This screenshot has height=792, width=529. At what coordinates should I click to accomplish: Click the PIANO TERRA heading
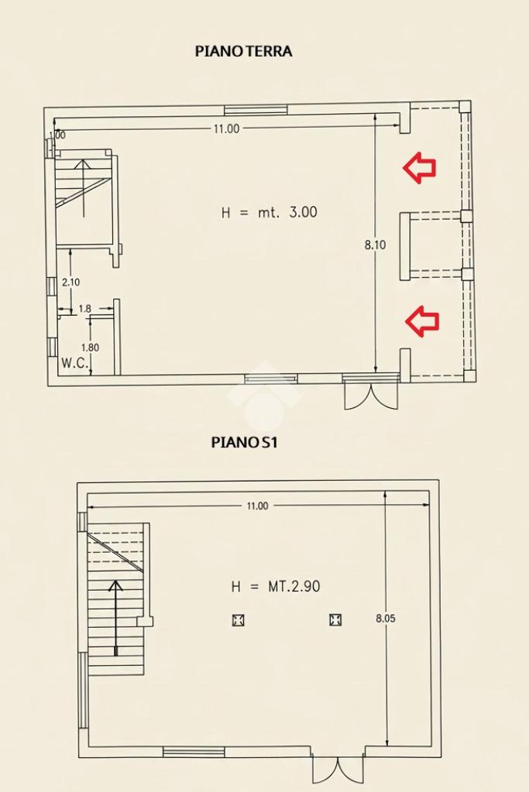pyautogui.click(x=243, y=51)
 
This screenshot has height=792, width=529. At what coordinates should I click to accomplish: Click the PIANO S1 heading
pyautogui.click(x=244, y=443)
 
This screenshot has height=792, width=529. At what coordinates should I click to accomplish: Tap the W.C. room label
pyautogui.click(x=75, y=362)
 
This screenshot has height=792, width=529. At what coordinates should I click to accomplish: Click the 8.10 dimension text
pyautogui.click(x=375, y=245)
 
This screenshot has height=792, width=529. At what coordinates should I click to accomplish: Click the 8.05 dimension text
pyautogui.click(x=386, y=619)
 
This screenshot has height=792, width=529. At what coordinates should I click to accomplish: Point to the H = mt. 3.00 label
pyautogui.click(x=270, y=212)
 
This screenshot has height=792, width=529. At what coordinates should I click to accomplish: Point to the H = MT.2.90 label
pyautogui.click(x=276, y=586)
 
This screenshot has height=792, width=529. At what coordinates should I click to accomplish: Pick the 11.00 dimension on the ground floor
pyautogui.click(x=226, y=129)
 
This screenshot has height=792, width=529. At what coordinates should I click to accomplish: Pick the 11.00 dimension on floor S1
pyautogui.click(x=257, y=506)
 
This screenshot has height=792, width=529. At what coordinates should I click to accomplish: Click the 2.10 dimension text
pyautogui.click(x=70, y=283)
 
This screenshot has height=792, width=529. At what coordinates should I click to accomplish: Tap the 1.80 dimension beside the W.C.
pyautogui.click(x=90, y=348)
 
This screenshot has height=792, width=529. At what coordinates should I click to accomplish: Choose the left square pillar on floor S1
pyautogui.click(x=238, y=620)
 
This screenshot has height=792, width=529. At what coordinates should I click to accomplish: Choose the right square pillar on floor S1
pyautogui.click(x=335, y=619)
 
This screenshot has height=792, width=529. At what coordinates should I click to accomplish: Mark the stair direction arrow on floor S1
pyautogui.click(x=116, y=619)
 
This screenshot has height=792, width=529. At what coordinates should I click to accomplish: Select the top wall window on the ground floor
pyautogui.click(x=256, y=110)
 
